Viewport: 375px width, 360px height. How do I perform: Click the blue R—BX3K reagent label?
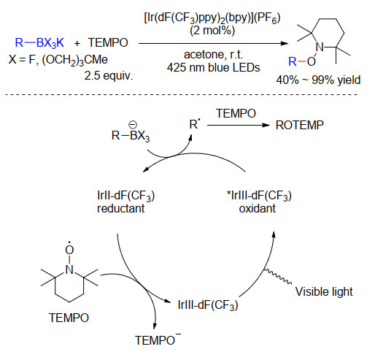point(39,43)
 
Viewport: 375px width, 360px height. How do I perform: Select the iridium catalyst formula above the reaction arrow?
point(212,18)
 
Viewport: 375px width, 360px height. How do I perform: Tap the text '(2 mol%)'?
point(212,31)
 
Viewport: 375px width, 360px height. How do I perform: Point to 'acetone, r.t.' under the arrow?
point(213,55)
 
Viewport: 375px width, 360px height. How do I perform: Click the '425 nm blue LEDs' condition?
point(213,67)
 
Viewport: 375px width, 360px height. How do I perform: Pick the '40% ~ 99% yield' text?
point(318,80)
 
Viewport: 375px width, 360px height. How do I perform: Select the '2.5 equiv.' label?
point(109,75)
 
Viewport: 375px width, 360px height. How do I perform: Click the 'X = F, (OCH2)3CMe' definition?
point(58,60)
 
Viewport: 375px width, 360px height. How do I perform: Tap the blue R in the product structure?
point(293,61)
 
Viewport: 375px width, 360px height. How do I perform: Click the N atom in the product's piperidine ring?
point(320,47)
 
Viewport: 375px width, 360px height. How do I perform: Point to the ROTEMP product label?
point(300,125)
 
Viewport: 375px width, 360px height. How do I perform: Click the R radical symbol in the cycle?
point(194,124)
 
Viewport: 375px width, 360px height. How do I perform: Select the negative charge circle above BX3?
point(133,125)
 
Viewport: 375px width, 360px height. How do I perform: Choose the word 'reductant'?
point(121,208)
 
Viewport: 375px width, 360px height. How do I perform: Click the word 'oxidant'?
point(258,209)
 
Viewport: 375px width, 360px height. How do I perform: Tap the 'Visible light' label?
point(324,291)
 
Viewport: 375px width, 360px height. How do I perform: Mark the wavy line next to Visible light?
point(278,276)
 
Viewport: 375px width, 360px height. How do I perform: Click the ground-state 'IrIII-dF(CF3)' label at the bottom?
point(208,305)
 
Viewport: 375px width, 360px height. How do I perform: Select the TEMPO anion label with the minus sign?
point(158,339)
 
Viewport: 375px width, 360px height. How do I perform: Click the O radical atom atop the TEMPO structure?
point(69,249)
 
